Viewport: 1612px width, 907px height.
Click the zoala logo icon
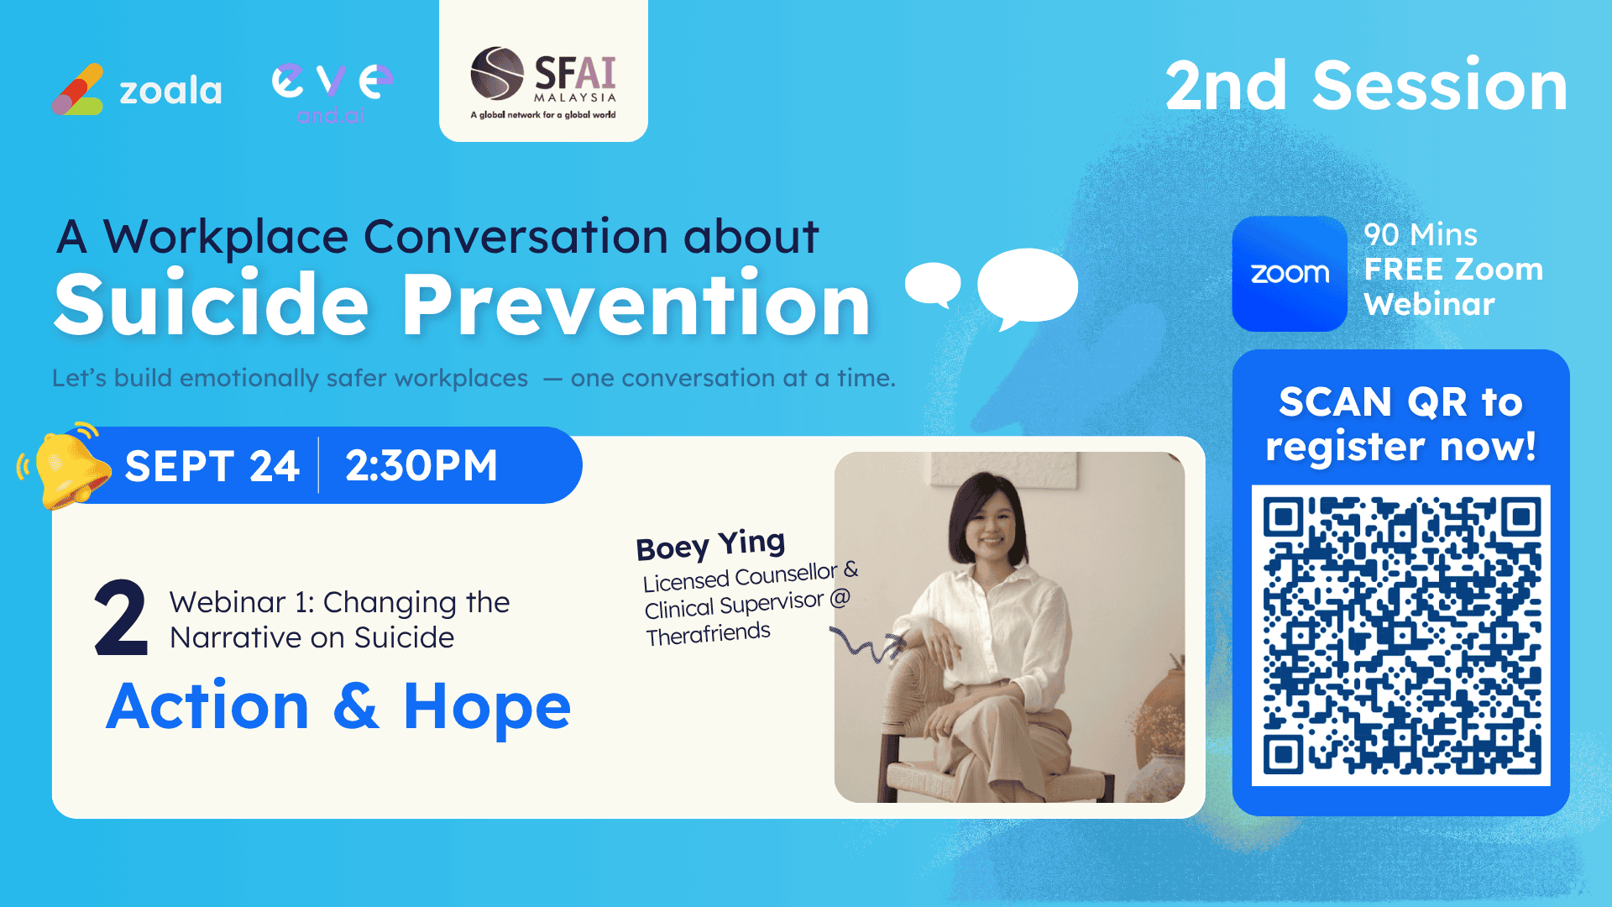click(78, 89)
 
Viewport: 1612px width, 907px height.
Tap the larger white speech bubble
click(1028, 287)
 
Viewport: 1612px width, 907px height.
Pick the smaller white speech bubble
click(933, 283)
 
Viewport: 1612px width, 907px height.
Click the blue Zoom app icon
click(1290, 274)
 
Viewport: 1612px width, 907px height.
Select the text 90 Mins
click(1421, 234)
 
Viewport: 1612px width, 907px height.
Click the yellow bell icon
click(67, 466)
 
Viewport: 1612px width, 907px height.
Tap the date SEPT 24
click(212, 465)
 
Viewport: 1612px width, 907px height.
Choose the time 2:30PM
click(421, 465)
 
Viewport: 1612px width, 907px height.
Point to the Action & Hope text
click(338, 705)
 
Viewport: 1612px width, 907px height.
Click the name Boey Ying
click(710, 545)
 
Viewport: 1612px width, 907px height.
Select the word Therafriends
click(708, 633)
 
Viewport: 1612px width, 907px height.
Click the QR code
click(1401, 635)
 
